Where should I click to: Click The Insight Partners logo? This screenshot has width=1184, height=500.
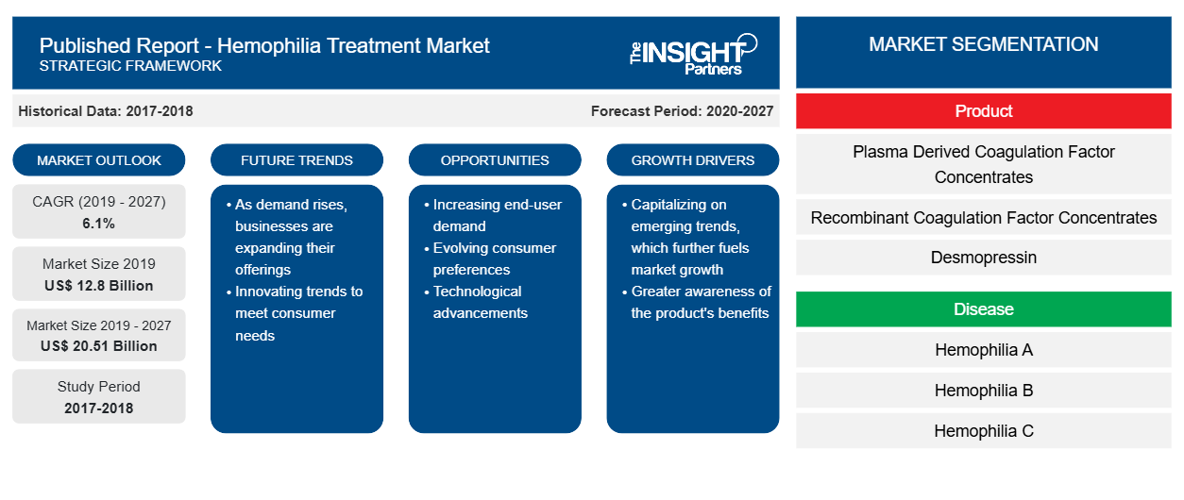click(x=693, y=55)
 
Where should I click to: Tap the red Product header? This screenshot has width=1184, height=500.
click(x=983, y=111)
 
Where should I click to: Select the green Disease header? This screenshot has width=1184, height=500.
click(x=983, y=308)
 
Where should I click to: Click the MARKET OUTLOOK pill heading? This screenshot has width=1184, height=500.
click(x=99, y=160)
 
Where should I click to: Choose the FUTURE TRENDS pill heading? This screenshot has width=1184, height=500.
click(x=296, y=160)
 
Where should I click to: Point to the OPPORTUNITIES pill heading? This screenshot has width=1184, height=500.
click(x=495, y=160)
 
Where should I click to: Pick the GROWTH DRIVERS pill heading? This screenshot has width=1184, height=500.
click(x=692, y=160)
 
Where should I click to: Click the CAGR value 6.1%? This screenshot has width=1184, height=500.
click(x=98, y=224)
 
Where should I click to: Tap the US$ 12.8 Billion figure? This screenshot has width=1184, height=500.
click(x=99, y=286)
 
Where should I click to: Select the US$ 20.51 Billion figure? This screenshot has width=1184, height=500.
click(x=99, y=346)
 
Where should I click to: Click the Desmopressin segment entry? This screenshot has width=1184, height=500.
click(x=983, y=258)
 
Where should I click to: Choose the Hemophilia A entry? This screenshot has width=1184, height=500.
click(x=983, y=349)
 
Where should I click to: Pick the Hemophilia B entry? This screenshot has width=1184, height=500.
click(x=983, y=391)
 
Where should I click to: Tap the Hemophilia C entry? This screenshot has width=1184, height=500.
click(x=983, y=431)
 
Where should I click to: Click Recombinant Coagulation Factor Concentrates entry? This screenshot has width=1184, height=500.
click(x=983, y=217)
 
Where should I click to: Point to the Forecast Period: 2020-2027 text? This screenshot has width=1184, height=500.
click(x=682, y=111)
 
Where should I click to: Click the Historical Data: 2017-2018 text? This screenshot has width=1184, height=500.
click(x=106, y=111)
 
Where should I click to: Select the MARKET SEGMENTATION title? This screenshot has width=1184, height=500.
click(x=983, y=44)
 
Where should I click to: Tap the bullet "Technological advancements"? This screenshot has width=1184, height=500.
click(x=476, y=302)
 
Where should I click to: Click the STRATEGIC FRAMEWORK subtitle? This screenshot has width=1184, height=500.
click(x=130, y=66)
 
